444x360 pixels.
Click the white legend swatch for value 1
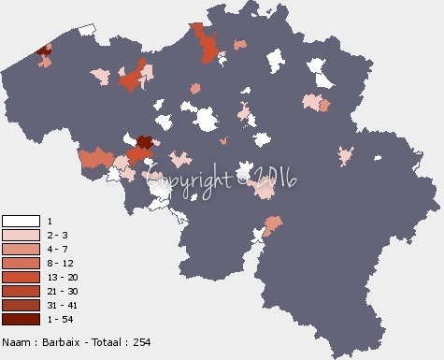click(21, 221)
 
